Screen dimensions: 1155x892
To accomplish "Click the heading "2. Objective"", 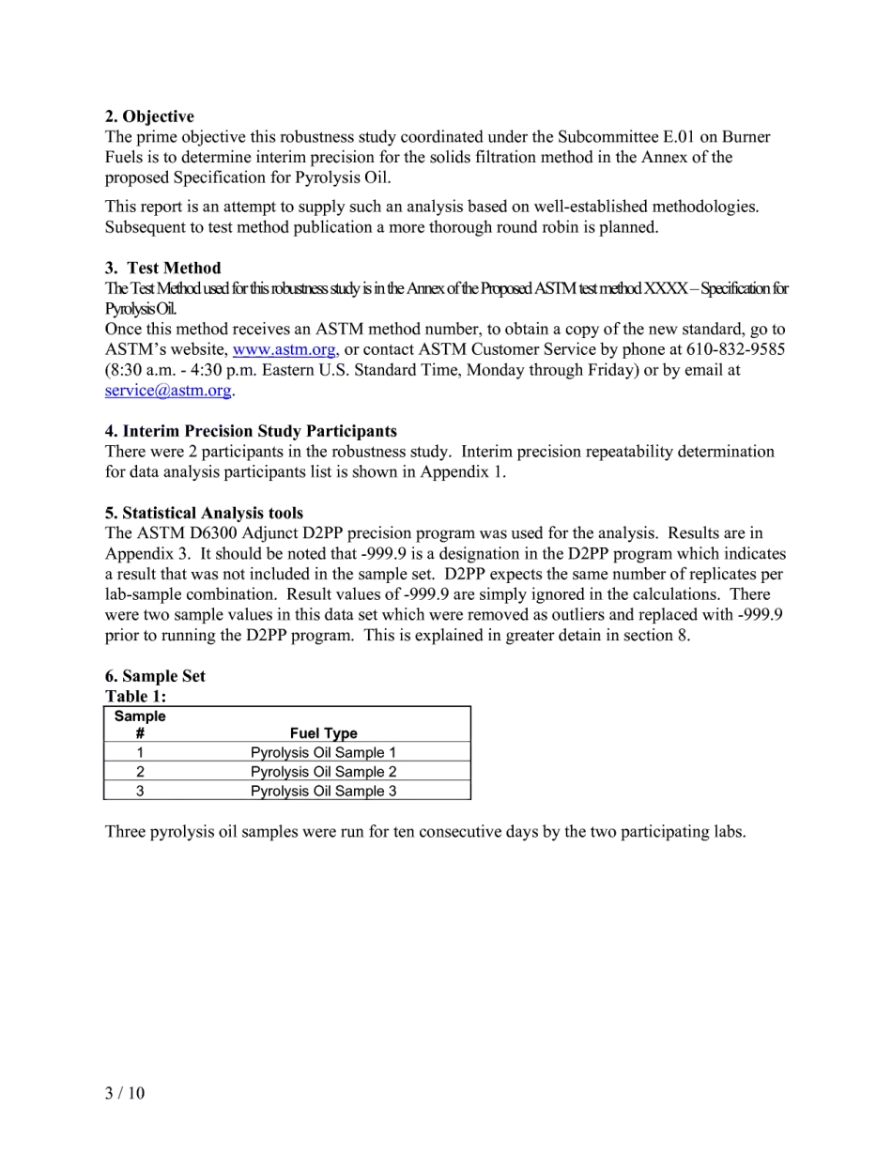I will click(x=149, y=116).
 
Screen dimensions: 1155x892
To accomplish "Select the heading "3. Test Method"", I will click(x=162, y=268).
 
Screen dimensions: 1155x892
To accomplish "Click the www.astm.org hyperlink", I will click(x=284, y=349).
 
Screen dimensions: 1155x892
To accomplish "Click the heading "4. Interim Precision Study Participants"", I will click(x=251, y=431).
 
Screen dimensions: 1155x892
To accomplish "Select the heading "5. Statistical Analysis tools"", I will click(x=204, y=513).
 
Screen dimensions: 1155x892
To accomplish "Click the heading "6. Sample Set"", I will click(x=155, y=676).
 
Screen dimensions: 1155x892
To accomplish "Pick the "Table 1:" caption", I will click(x=135, y=696).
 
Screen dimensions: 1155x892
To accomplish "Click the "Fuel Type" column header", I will click(x=323, y=733).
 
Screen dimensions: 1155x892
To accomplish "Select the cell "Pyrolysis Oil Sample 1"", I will click(x=323, y=752).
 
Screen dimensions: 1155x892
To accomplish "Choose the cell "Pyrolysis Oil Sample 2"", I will click(x=323, y=772).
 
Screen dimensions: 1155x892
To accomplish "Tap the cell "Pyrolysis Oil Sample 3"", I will click(x=323, y=791).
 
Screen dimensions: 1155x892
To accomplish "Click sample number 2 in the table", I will click(x=140, y=772).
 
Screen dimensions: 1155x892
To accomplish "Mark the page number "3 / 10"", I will click(x=125, y=1092).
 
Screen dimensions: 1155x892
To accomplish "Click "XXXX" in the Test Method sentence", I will click(x=665, y=288).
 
